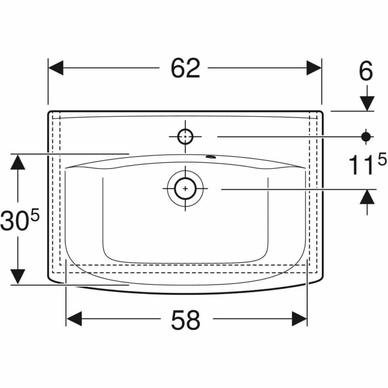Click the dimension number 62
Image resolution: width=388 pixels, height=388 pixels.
pyautogui.click(x=185, y=68)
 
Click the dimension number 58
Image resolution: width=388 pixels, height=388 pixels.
pyautogui.click(x=185, y=320)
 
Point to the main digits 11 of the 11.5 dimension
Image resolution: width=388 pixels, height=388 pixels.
pyautogui.click(x=359, y=165)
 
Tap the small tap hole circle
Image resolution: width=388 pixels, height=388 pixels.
pyautogui.click(x=185, y=137)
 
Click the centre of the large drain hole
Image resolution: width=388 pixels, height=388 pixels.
pyautogui.click(x=185, y=189)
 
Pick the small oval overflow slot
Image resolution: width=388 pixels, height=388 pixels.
pyautogui.click(x=211, y=156)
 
